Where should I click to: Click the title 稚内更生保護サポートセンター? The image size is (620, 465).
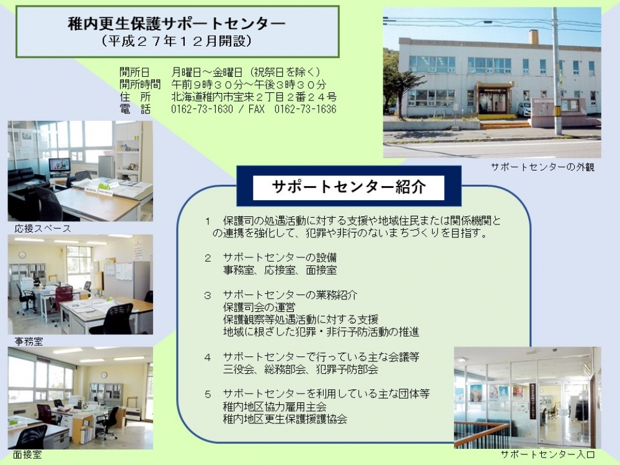(177, 24)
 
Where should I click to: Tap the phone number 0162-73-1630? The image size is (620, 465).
(202, 109)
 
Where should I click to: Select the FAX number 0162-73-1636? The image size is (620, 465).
(305, 109)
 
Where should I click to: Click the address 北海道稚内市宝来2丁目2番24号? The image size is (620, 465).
(254, 97)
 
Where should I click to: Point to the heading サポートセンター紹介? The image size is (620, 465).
(348, 186)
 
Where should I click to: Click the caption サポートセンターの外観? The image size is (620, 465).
(542, 167)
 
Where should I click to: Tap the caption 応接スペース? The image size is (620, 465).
(43, 229)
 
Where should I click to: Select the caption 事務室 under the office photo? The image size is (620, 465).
(29, 341)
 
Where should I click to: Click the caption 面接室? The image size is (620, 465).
(27, 454)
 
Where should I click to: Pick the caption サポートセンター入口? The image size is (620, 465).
(547, 454)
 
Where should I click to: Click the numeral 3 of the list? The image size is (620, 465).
(208, 295)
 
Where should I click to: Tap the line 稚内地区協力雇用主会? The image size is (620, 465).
(275, 407)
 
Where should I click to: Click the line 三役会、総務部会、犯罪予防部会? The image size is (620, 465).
(301, 370)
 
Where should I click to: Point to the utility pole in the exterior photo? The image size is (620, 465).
(557, 71)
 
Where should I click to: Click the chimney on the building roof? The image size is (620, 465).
(534, 37)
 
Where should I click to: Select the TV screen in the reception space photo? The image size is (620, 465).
(60, 164)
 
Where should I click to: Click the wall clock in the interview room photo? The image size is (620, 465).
(104, 375)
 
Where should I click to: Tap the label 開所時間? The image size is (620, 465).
(140, 84)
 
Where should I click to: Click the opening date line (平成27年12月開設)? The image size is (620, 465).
(177, 41)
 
